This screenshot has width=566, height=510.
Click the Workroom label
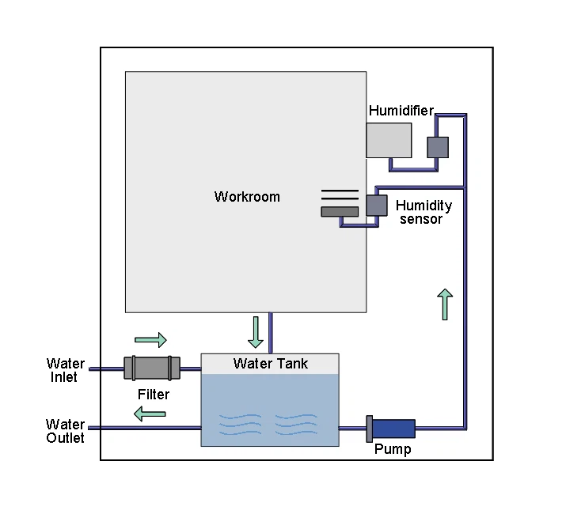point(247,197)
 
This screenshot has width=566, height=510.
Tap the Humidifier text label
point(401,111)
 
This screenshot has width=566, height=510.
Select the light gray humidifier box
point(389,140)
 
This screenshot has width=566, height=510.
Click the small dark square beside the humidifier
point(438,147)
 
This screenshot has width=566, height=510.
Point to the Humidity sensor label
point(424,212)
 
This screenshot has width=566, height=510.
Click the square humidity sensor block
point(376,205)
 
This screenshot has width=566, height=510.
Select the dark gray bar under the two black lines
point(339,211)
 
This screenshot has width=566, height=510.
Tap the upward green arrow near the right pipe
point(445,304)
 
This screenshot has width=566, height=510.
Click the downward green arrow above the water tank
point(255,332)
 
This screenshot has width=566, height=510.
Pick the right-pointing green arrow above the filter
point(150,340)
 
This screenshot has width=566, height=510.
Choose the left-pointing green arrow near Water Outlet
point(149,412)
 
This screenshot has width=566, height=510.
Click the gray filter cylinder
point(152,368)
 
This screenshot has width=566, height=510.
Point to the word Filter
point(153,394)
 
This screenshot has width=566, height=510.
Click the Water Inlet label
point(65,371)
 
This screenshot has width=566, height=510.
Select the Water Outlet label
point(65,431)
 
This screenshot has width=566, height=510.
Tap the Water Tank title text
point(271,364)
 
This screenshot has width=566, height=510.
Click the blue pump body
point(393,429)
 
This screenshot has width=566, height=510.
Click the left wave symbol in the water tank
point(240,424)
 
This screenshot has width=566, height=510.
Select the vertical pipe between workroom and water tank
point(271,333)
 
